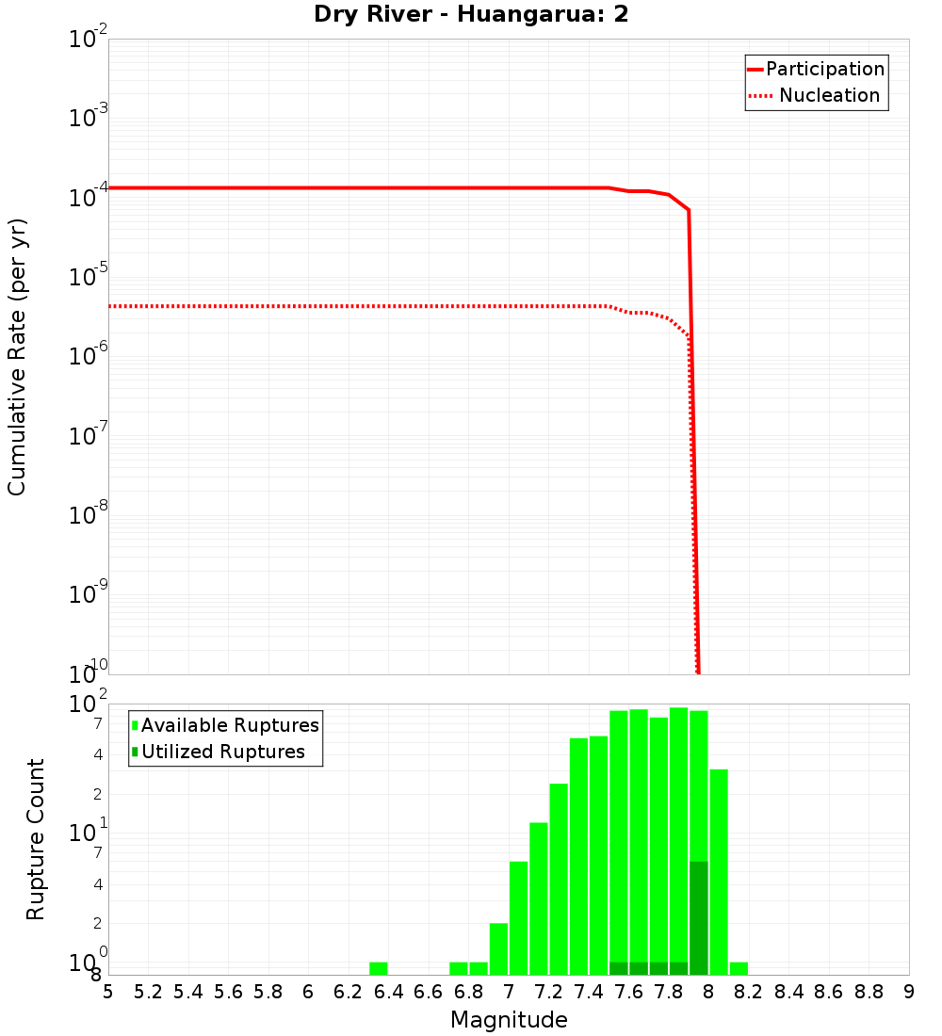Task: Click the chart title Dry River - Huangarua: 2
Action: click(471, 15)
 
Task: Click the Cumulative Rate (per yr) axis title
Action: click(17, 357)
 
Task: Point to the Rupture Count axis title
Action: click(36, 839)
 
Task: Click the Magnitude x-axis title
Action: click(509, 1020)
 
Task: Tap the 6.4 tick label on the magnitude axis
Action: click(388, 992)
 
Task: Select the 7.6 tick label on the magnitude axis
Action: click(628, 992)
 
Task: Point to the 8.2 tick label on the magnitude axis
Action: click(749, 992)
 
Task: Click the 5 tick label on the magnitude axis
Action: click(108, 992)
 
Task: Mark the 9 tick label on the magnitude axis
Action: click(909, 992)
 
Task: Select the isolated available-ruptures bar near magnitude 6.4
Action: click(378, 968)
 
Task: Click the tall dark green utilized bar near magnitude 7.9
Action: click(698, 917)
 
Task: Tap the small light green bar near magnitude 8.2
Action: click(739, 968)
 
